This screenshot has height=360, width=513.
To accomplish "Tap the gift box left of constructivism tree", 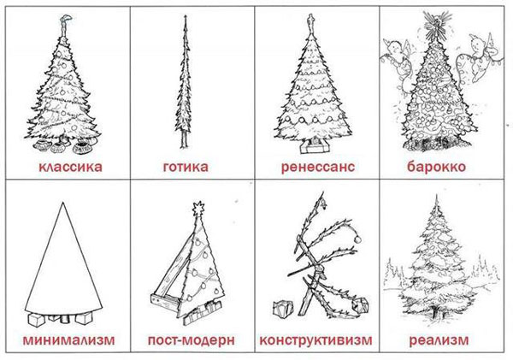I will [279, 307].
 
